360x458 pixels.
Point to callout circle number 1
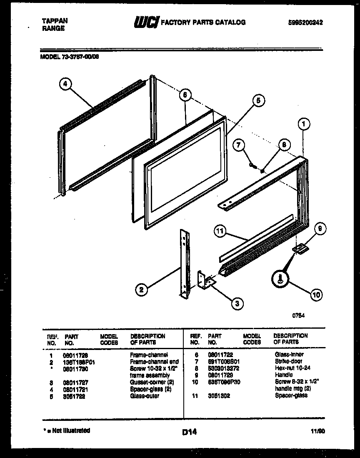coord(305,123)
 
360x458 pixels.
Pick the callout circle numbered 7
coord(239,145)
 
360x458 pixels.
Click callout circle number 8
coord(283,144)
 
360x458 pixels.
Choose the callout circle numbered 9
coord(320,228)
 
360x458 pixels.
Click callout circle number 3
coord(237,304)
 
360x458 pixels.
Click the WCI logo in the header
coord(145,22)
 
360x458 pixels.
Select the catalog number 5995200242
coord(305,23)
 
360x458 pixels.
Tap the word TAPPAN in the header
coord(55,20)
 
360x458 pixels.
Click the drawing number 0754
coord(298,316)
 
